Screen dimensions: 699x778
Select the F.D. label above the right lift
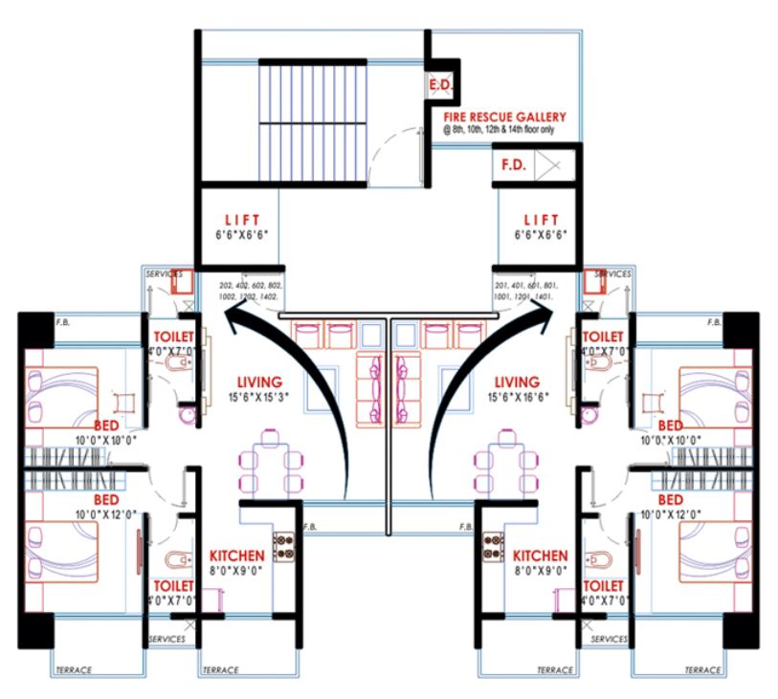pos(513,164)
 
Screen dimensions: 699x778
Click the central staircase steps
pos(315,120)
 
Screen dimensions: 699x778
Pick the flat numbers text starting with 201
pos(526,292)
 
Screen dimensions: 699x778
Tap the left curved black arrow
pos(287,402)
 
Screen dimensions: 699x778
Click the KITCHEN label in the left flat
pos(236,556)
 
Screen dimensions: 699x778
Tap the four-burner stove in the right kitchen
pos(496,546)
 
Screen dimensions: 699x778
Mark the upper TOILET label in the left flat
pos(174,337)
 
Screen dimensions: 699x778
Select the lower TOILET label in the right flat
pos(602,584)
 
